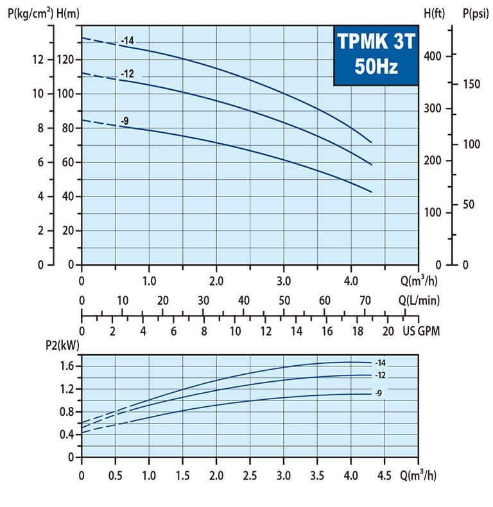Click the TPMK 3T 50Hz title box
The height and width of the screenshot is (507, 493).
tap(376, 56)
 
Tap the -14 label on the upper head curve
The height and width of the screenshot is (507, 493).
tap(127, 41)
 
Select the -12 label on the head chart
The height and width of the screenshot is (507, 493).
tap(127, 74)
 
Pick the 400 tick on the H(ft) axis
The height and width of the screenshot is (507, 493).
tap(433, 56)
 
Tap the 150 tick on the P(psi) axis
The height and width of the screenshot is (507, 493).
tap(471, 84)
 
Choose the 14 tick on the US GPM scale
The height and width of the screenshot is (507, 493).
tap(297, 331)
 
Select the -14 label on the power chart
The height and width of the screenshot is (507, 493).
tap(379, 363)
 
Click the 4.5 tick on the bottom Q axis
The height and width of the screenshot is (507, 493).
tap(384, 477)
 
